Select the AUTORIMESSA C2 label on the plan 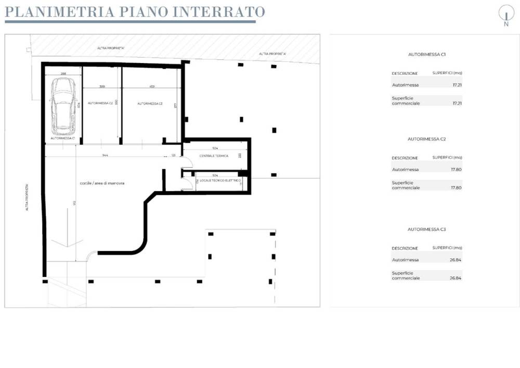point(100,103)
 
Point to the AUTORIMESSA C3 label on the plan point(150,104)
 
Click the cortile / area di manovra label point(102,183)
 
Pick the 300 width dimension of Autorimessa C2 point(102,86)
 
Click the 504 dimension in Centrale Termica point(215,148)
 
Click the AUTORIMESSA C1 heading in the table point(427,54)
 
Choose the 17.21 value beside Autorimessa point(457,85)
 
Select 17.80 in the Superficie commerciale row point(456,187)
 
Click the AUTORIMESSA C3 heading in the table point(427,229)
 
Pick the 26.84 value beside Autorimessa point(456,260)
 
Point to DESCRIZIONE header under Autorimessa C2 point(405,158)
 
